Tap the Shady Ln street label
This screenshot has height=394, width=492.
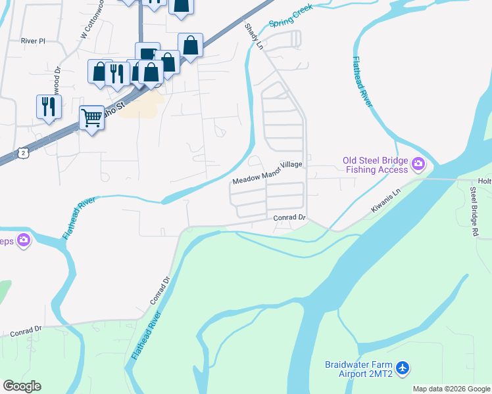click(254, 36)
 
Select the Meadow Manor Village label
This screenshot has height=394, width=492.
click(268, 173)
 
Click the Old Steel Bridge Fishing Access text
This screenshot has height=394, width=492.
click(372, 165)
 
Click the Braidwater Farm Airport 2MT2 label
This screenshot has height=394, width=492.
click(359, 370)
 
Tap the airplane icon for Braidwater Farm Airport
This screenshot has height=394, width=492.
click(403, 369)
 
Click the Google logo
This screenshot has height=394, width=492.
click(22, 386)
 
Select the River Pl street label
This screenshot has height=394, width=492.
click(33, 41)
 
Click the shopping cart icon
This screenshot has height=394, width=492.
click(91, 118)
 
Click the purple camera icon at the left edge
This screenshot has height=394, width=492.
click(24, 240)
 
